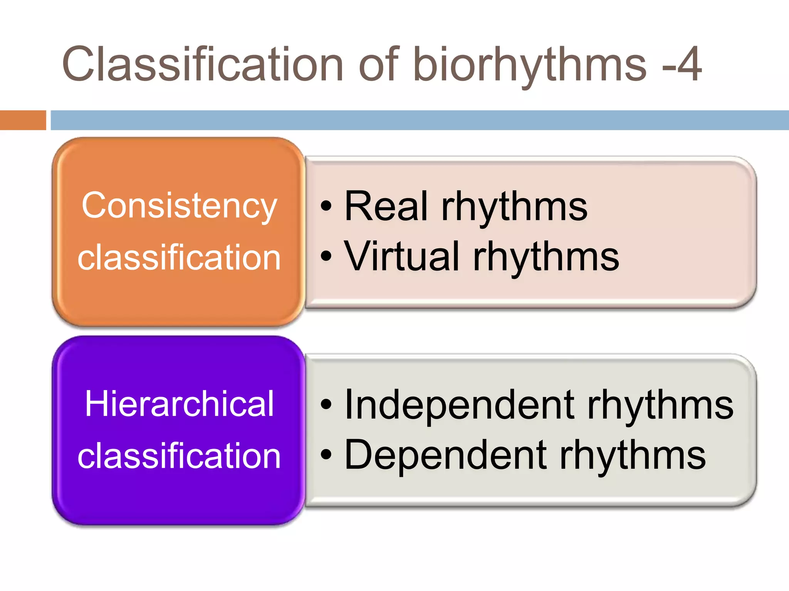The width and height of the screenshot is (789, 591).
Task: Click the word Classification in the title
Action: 202,64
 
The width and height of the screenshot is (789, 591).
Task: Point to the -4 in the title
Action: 682,64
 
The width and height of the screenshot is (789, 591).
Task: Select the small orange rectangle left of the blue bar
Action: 23,120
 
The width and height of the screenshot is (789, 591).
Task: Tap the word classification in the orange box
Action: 179,257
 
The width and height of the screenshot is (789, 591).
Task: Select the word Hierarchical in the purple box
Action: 179,404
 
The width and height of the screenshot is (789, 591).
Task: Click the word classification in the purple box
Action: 179,456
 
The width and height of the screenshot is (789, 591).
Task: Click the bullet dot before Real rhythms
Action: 326,207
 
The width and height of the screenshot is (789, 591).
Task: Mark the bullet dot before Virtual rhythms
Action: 326,256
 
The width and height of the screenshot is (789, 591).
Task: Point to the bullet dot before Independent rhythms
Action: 326,405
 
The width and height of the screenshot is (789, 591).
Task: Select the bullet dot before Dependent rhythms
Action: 326,455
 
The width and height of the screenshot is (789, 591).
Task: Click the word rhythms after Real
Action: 514,208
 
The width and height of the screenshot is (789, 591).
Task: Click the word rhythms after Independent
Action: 660,406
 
